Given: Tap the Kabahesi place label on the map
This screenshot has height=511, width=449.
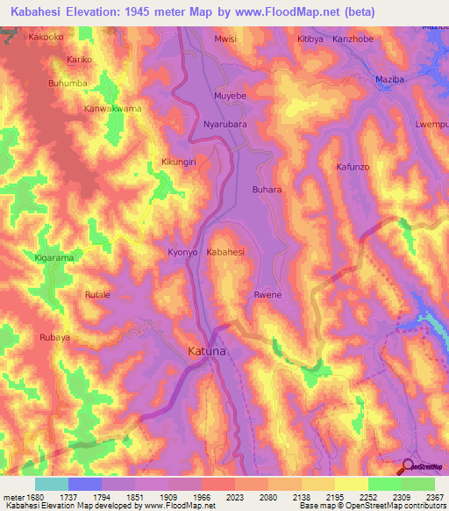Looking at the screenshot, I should point(225,252).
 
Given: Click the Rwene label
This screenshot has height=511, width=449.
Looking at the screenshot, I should point(267,295).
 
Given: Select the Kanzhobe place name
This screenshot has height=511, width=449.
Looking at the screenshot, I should point(354,40).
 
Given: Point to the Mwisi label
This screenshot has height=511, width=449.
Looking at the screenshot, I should point(226,40).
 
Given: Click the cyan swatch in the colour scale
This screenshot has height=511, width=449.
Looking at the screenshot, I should point(51,484).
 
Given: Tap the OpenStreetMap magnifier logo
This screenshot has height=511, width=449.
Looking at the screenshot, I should point(407,467).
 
